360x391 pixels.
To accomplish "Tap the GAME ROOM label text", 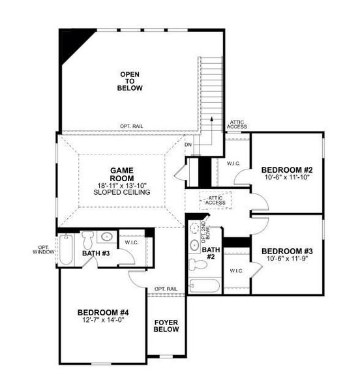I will point(121,174).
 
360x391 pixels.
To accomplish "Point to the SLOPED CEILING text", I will point(121,193).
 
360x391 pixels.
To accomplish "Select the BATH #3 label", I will point(96,253).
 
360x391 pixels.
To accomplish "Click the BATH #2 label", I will point(211,253).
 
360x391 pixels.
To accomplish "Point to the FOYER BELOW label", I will point(166,326).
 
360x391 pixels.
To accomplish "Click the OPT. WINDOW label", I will point(44,250).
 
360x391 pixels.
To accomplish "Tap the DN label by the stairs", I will point(188,145).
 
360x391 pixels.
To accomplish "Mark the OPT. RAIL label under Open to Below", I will point(132,126).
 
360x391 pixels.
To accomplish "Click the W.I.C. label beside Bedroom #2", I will point(232,164).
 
